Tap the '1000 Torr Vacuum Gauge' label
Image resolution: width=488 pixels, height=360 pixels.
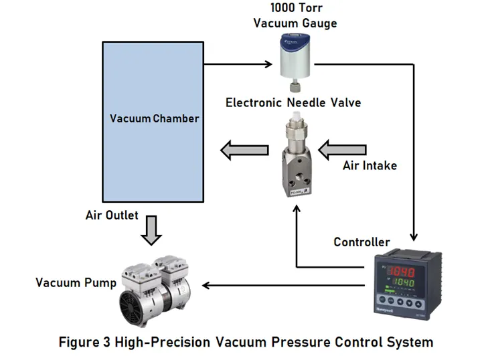(x=295, y=15)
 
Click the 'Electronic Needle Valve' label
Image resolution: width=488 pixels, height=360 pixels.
(x=293, y=103)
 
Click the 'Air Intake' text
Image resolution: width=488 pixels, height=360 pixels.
(x=370, y=165)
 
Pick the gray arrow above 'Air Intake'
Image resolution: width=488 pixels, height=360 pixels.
(x=342, y=149)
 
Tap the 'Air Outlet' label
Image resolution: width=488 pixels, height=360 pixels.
(x=112, y=215)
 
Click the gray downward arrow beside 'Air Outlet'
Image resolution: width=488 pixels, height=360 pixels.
(x=153, y=230)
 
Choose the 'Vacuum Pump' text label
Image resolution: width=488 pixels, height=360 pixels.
(x=76, y=283)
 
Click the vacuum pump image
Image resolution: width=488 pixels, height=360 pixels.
(x=155, y=286)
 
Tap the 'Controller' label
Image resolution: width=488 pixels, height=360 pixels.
(x=361, y=242)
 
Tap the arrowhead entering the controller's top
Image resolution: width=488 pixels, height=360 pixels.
(x=415, y=236)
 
